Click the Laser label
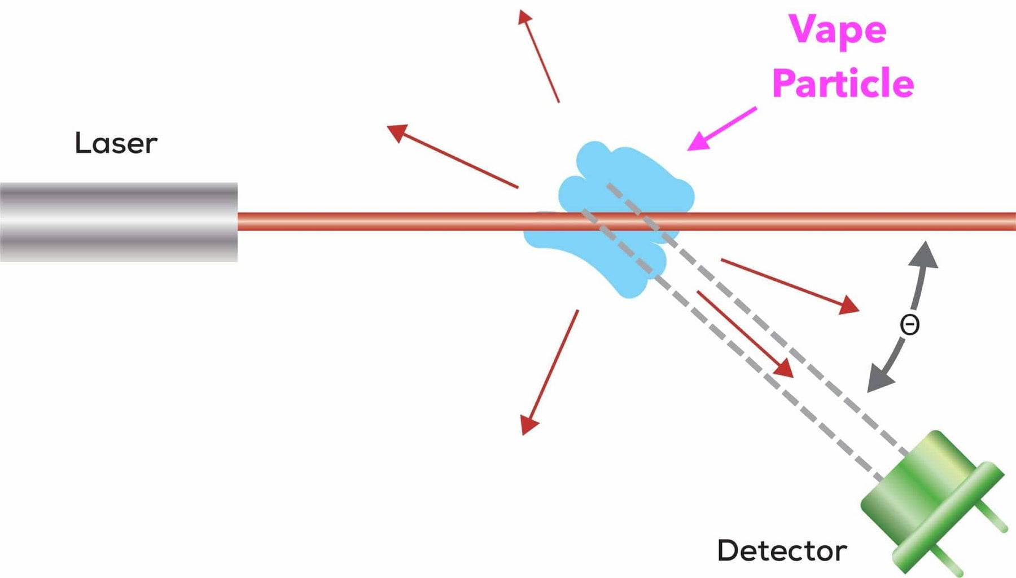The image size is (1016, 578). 116,143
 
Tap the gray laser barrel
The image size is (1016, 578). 119,222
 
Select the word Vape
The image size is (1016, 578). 837,29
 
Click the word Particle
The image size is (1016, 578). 843,83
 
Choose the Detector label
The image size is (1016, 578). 782,551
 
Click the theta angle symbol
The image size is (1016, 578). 909,325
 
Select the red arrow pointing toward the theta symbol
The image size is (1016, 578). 790,285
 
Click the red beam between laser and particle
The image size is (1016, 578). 384,222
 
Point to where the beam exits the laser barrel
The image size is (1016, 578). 239,222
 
